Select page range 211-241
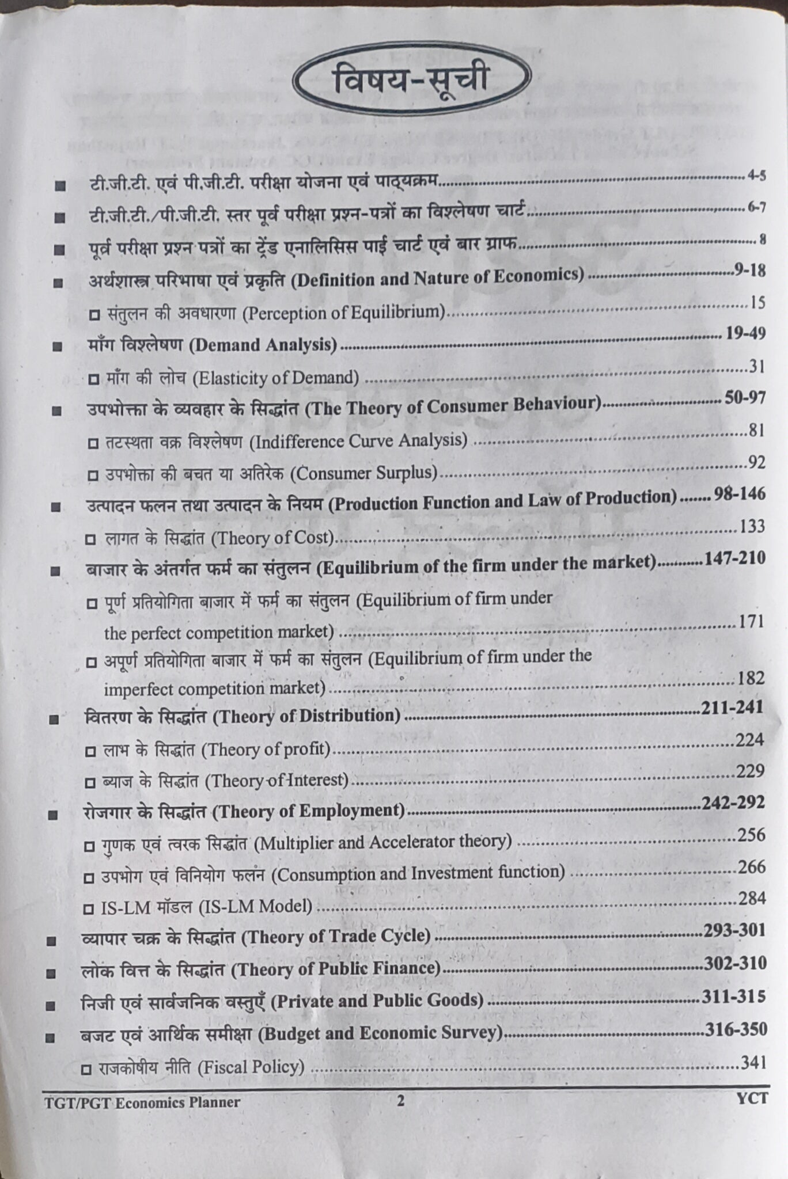pyautogui.click(x=732, y=708)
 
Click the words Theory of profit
pyautogui.click(x=268, y=749)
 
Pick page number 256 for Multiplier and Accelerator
pyautogui.click(x=751, y=835)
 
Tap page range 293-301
pyautogui.click(x=734, y=930)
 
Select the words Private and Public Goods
pyautogui.click(x=377, y=1000)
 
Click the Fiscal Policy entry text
pyautogui.click(x=251, y=1067)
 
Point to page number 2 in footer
pyautogui.click(x=401, y=1101)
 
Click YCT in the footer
pyautogui.click(x=752, y=1098)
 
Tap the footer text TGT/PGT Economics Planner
pyautogui.click(x=142, y=1102)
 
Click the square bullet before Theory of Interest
pyautogui.click(x=90, y=783)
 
